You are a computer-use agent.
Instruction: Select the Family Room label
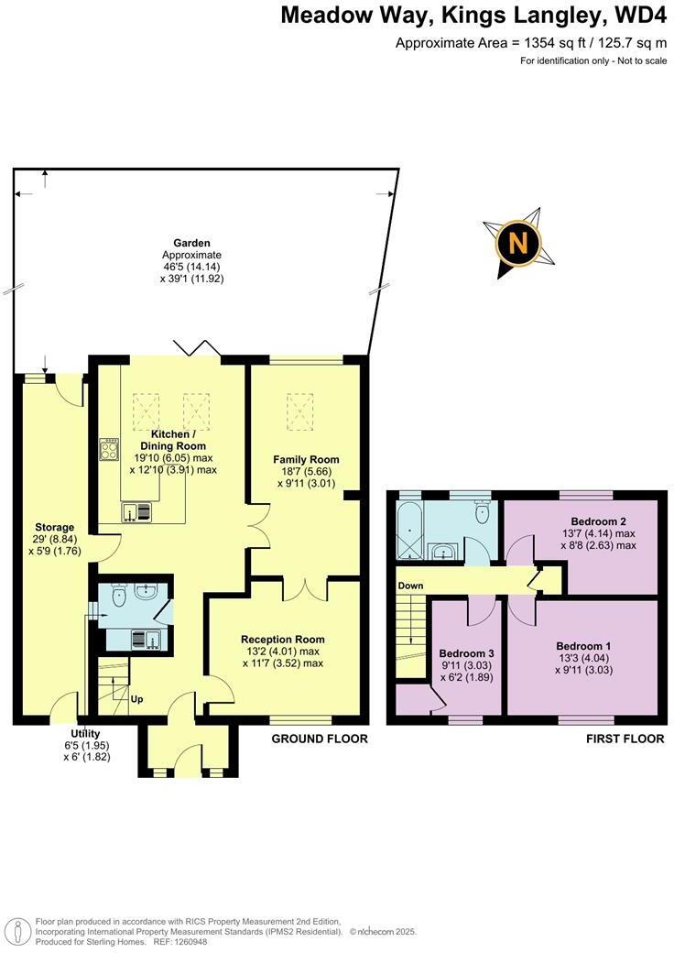306,459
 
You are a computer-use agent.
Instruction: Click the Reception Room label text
282,639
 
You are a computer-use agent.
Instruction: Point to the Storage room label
55,527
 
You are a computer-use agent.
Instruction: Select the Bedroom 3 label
466,652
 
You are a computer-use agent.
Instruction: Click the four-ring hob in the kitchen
109,449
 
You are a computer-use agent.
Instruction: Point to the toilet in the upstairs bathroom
481,515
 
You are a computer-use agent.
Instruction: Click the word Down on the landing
409,585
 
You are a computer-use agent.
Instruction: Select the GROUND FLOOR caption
320,739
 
